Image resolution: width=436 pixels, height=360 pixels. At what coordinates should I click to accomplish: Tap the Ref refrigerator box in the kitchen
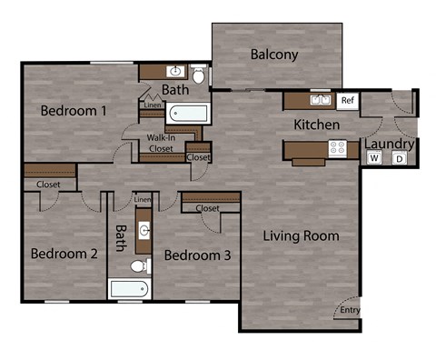pos(346,100)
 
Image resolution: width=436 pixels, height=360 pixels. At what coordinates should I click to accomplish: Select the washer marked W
pos(373,158)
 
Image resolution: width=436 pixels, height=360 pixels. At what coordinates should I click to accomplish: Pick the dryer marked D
pos(399,158)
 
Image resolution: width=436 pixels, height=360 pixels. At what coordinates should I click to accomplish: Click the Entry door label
pos(349,311)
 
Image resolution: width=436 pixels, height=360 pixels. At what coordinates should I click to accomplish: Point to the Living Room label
pos(301,236)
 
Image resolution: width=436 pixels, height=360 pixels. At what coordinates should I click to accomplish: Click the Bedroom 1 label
pos(74,111)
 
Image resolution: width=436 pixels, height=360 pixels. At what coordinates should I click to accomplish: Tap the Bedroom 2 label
pos(64,254)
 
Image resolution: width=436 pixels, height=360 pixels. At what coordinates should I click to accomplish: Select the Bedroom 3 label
pos(197,255)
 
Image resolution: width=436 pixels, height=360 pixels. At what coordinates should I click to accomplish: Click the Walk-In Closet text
pos(166,144)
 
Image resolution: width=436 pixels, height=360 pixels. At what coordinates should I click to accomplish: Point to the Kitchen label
pos(316,124)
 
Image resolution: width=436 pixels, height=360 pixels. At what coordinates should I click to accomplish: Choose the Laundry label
pos(389,144)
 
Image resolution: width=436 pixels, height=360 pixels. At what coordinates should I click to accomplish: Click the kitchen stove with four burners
pos(337,146)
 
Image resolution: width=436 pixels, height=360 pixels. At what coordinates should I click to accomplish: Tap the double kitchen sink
pos(319,100)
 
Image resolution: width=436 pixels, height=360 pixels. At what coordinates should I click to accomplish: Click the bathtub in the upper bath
pos(189,115)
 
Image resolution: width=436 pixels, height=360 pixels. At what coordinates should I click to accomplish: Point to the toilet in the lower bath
pos(137,266)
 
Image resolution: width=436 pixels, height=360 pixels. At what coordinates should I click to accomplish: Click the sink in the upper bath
pos(175,71)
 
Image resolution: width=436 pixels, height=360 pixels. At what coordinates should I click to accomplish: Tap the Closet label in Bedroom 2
pos(48,185)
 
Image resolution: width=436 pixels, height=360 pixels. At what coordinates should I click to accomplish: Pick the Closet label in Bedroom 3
pos(207,208)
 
